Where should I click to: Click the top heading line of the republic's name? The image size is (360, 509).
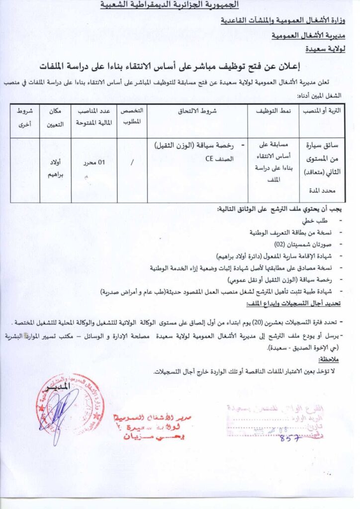click(x=170, y=5)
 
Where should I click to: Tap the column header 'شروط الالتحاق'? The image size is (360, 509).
click(x=197, y=112)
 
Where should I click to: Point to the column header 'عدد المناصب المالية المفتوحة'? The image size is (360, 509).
click(x=94, y=116)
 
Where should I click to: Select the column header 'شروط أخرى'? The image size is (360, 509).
click(x=24, y=116)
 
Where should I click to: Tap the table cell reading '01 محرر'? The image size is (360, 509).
click(x=94, y=162)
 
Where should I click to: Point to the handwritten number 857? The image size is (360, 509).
click(x=290, y=438)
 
